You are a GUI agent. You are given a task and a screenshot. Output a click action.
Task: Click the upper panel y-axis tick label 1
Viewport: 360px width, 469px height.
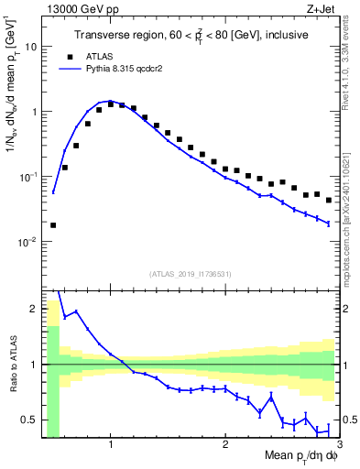tap(34, 112)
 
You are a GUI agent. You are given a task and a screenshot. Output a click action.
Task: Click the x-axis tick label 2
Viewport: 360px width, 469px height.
tap(225, 445)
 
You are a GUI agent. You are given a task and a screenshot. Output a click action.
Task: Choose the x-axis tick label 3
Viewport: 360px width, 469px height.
tap(338, 445)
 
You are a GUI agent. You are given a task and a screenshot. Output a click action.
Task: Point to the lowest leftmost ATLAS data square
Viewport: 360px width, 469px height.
tap(53, 224)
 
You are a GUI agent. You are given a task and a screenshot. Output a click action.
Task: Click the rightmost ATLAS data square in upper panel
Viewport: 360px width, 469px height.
tap(329, 200)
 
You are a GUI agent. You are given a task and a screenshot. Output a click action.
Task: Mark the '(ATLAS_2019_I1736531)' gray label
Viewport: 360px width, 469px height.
tap(191, 273)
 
